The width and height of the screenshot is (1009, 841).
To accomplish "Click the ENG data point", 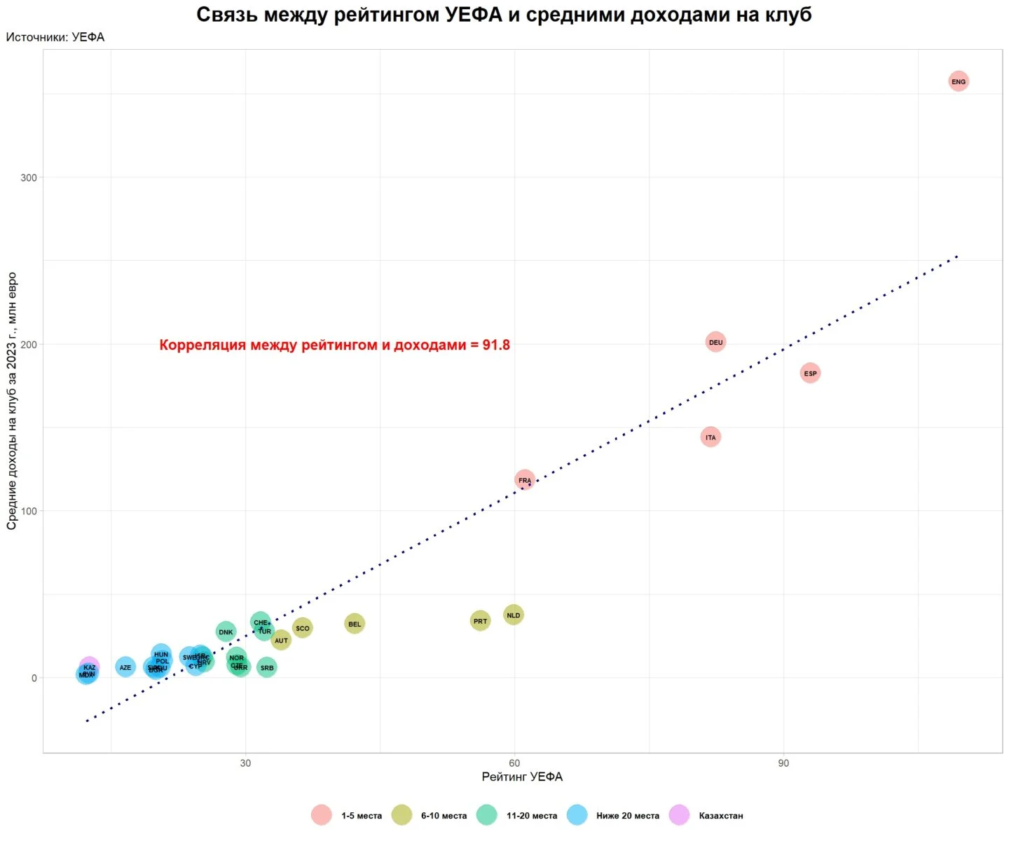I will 958,81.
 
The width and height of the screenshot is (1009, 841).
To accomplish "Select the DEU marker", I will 715,342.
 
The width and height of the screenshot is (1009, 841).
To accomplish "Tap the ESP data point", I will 810,373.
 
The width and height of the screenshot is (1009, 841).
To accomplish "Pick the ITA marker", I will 711,437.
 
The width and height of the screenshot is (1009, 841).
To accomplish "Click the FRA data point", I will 524,480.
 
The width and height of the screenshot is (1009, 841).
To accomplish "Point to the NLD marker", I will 514,615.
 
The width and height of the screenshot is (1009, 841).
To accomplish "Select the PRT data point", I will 480,620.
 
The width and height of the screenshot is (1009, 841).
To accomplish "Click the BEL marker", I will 355,624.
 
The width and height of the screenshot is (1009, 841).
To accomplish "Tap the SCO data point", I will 302,628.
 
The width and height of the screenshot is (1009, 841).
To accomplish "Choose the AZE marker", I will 125,667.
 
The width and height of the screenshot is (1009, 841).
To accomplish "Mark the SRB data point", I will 267,667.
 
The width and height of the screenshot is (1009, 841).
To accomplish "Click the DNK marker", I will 226,631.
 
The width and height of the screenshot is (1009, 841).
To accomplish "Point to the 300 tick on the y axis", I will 29,177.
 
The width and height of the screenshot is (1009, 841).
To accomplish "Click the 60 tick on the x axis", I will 514,763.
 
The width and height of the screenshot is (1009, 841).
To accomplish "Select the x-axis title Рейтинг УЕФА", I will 522,777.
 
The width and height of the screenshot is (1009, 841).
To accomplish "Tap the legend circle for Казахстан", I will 679,815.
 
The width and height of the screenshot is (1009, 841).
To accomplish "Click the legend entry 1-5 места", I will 362,816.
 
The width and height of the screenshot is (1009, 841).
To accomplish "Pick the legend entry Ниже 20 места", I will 627,816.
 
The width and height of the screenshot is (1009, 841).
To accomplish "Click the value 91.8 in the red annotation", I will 496,345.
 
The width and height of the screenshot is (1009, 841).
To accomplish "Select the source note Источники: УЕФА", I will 55,37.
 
